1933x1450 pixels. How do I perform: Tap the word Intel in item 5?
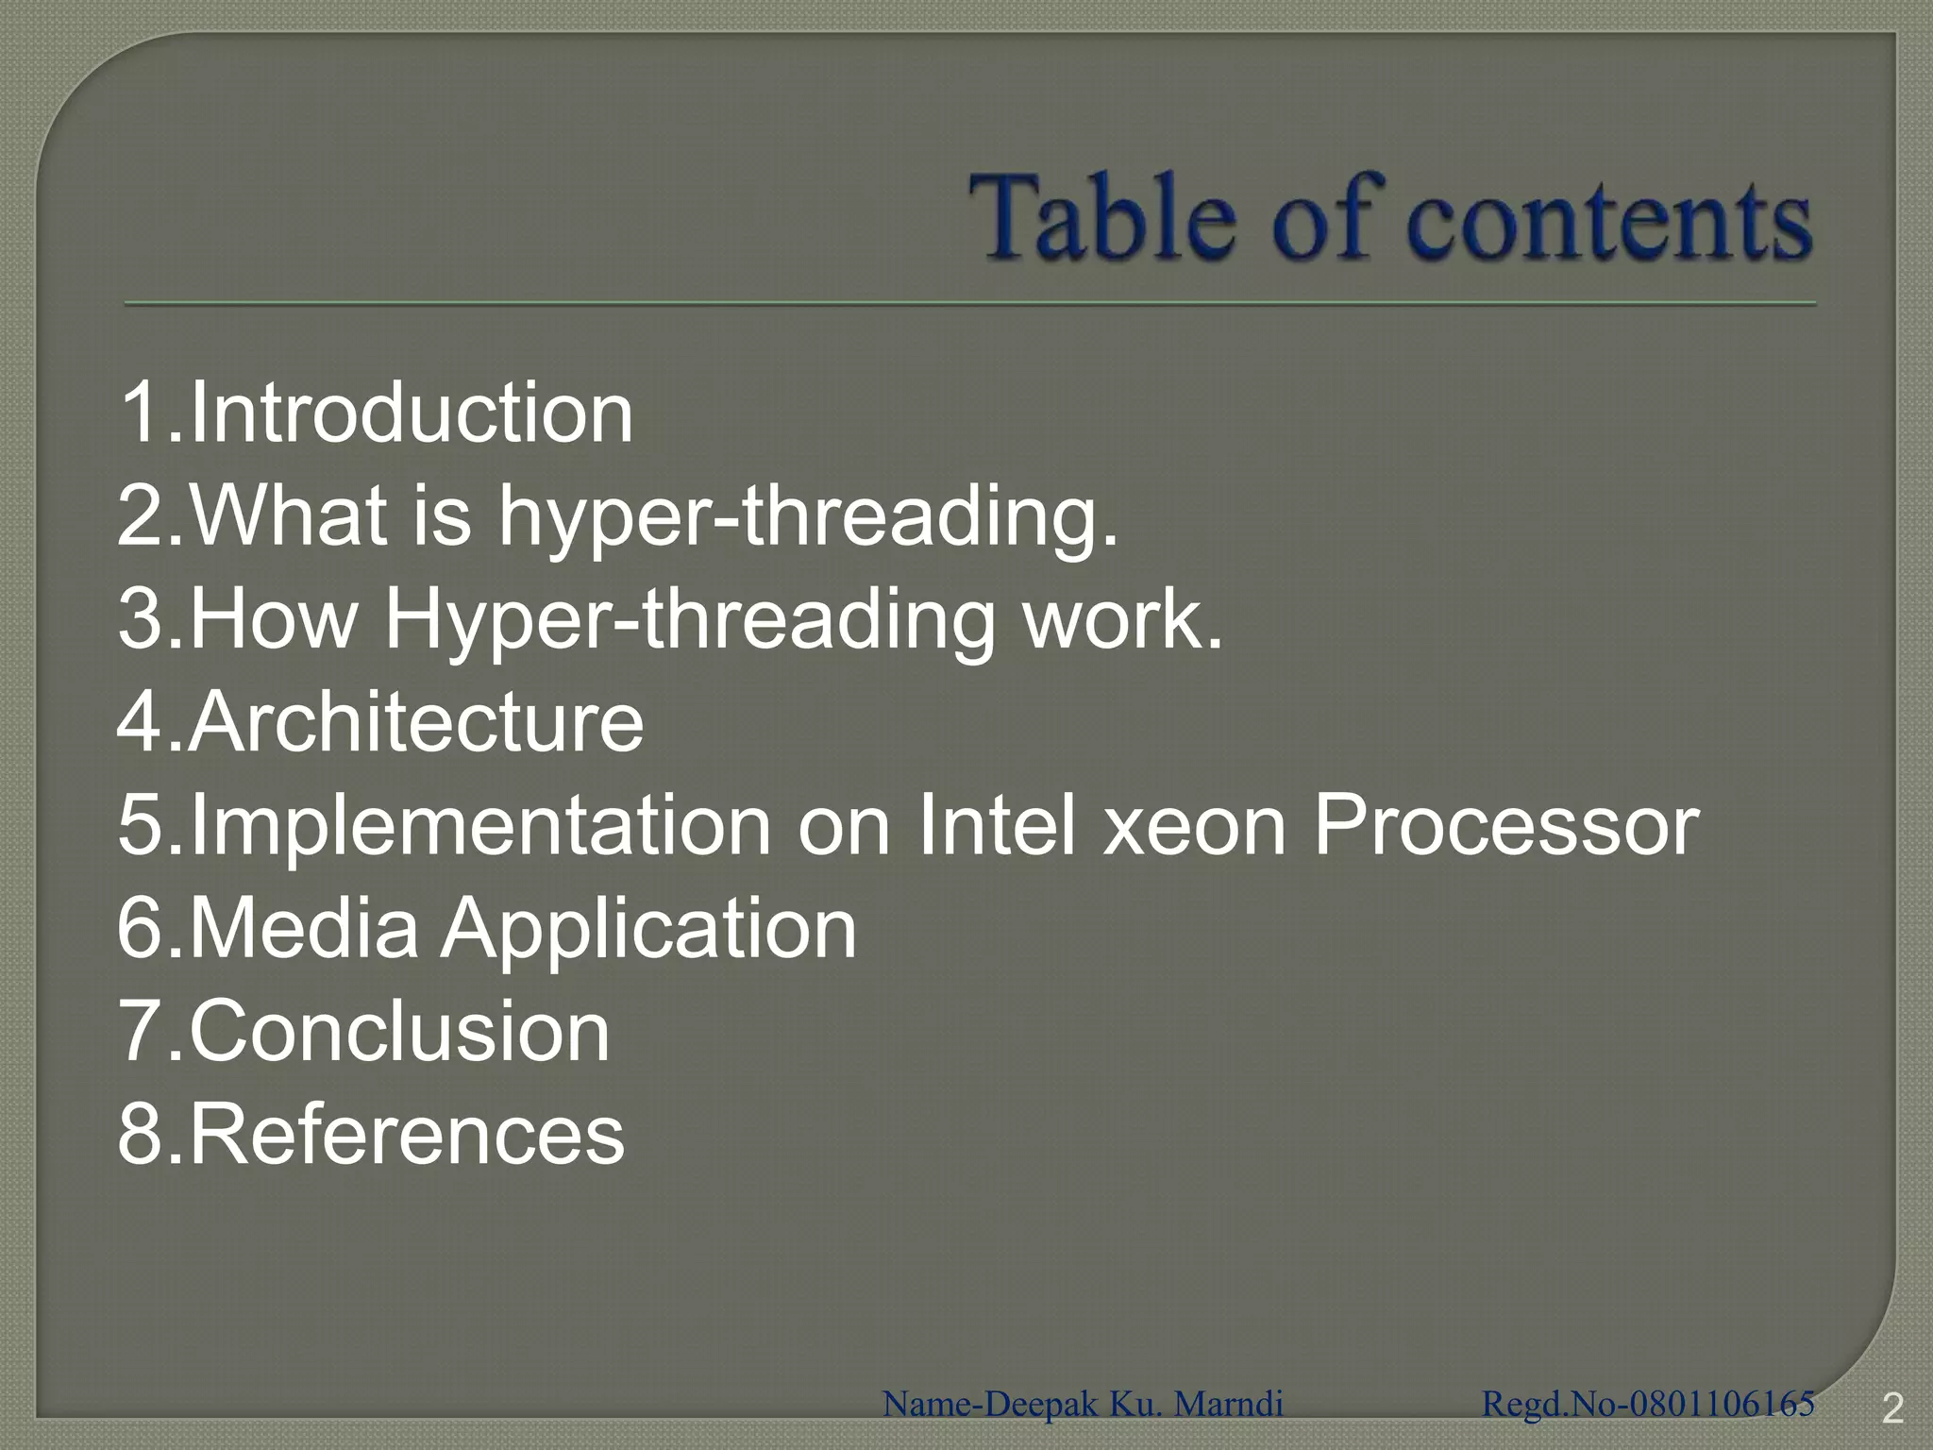click(x=997, y=826)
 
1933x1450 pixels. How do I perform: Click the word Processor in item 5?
click(x=1506, y=826)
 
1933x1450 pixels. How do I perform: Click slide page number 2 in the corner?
click(x=1891, y=1409)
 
